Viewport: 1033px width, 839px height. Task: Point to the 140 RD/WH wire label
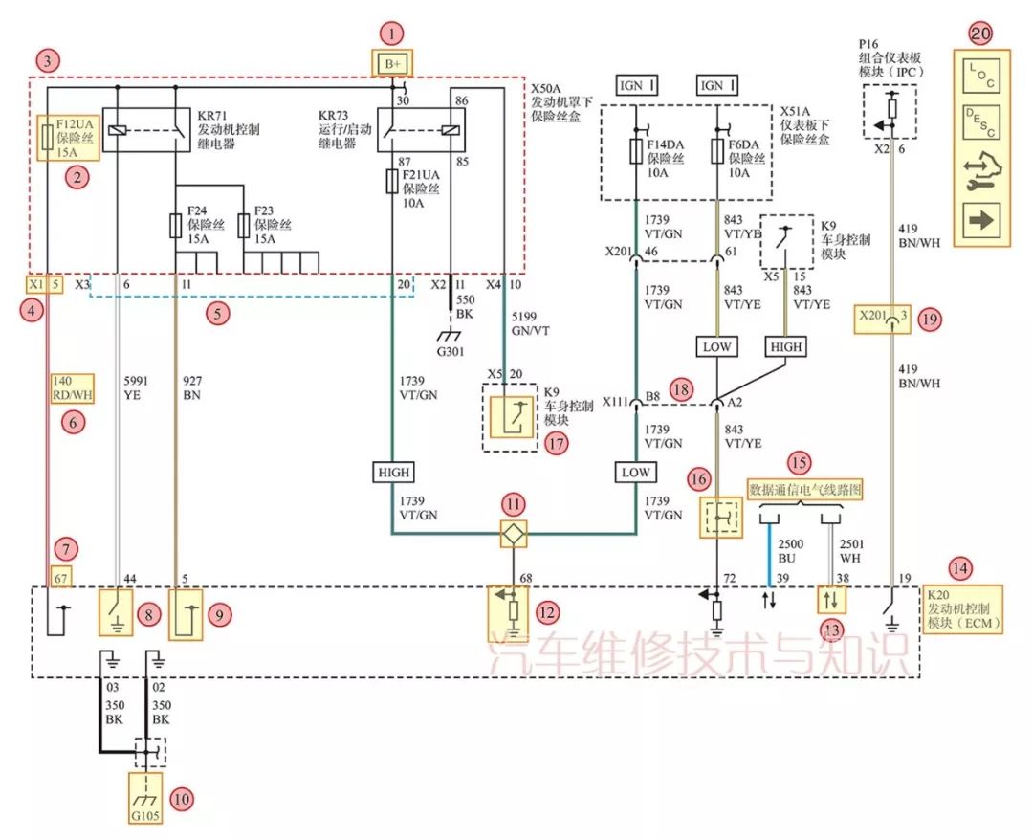click(x=72, y=385)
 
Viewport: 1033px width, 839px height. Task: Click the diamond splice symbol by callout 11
click(x=515, y=534)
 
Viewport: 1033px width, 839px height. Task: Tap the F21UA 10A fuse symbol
click(x=392, y=181)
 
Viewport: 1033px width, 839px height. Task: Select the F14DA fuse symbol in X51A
click(x=636, y=151)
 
